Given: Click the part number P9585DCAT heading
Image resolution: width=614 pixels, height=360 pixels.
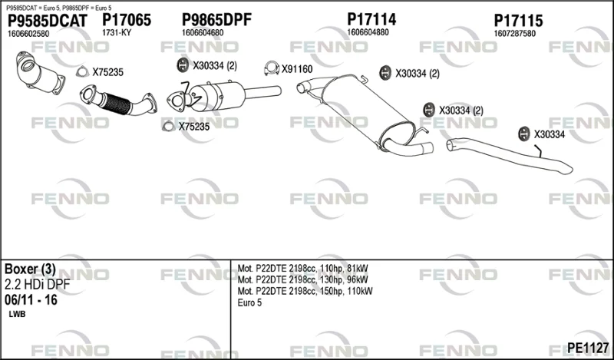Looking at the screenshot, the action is click(48, 21).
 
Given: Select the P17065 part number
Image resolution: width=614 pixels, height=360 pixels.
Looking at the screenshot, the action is click(127, 20).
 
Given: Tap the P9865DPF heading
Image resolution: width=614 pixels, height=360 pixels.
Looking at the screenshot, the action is click(216, 20).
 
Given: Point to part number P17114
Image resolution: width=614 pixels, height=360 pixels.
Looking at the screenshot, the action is click(371, 19).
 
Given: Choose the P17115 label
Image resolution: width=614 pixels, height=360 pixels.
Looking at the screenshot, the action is click(518, 21).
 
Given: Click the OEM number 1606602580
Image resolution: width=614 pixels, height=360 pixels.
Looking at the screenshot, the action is click(28, 34).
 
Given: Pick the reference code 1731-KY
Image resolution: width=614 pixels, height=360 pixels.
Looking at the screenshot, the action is click(117, 33).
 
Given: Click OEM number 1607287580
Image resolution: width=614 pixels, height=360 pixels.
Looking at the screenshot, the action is click(514, 34).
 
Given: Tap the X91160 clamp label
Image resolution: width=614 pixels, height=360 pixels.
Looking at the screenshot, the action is click(297, 69).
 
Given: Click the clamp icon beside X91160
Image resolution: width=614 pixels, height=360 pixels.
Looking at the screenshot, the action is click(272, 68).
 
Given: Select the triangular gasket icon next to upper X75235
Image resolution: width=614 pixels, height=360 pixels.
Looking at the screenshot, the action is click(82, 71).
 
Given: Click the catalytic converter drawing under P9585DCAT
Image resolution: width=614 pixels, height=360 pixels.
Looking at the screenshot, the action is click(40, 73).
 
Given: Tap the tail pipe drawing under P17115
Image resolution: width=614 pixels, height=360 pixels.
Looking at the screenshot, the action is click(509, 154).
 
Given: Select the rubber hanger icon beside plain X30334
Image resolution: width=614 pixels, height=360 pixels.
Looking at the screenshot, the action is click(524, 134).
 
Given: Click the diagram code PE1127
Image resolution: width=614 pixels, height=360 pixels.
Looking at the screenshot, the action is click(588, 347).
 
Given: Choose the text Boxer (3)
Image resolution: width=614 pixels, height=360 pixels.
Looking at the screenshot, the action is click(30, 269).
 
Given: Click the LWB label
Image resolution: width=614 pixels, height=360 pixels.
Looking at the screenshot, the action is click(17, 314).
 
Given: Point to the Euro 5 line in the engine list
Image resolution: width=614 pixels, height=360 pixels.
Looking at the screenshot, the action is click(249, 302).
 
